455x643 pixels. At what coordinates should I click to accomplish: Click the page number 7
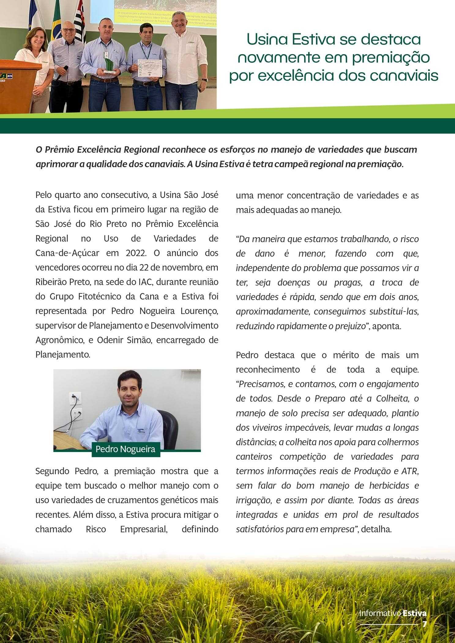(x=424, y=624)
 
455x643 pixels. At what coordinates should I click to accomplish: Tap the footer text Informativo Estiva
(x=393, y=613)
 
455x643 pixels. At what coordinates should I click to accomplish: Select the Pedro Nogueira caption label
(x=125, y=449)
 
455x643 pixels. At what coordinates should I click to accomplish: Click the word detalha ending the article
(x=376, y=529)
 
